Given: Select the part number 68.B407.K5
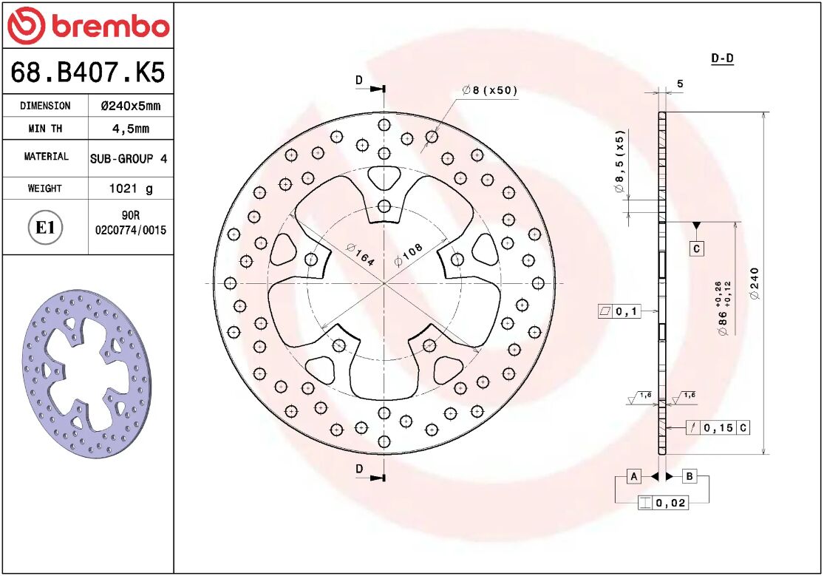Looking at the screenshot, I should (87, 72).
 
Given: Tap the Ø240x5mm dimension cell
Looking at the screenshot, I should (130, 106).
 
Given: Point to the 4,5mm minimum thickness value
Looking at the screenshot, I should (130, 129).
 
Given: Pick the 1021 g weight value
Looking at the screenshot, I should (130, 189).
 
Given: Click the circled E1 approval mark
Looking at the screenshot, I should (45, 227).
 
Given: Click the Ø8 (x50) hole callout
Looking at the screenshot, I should (490, 90).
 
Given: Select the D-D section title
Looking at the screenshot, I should (721, 58).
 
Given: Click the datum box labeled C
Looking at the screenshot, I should (696, 248).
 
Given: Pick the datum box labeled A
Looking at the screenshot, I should (633, 476).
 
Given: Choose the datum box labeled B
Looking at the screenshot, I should (689, 476).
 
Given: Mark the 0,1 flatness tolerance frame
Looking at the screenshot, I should (618, 311).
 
